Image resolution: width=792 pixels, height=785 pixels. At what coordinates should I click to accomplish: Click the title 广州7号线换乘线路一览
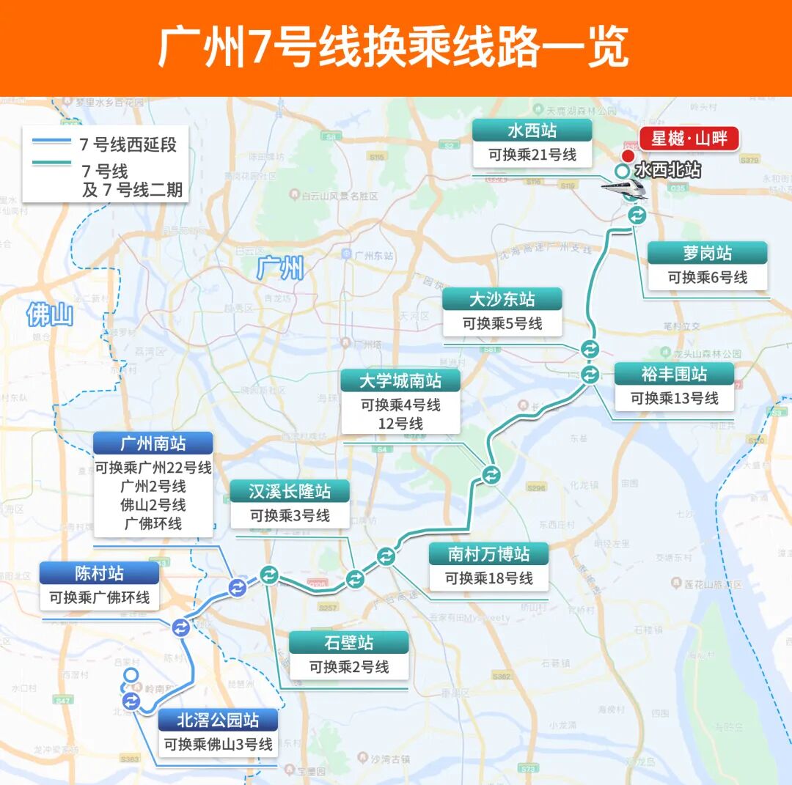[395, 48]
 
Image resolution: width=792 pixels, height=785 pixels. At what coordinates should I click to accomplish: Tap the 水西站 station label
[532, 131]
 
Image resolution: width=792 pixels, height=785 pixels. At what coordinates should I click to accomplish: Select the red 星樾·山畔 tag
[689, 139]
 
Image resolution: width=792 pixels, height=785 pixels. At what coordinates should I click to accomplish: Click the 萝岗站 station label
[707, 254]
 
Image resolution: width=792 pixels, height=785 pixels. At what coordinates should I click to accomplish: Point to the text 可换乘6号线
[707, 278]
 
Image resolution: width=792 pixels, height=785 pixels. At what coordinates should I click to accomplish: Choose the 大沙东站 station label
[502, 299]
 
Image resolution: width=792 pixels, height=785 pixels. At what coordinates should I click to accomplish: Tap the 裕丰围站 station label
[674, 374]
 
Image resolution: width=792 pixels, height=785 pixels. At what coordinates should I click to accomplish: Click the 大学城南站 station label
[400, 380]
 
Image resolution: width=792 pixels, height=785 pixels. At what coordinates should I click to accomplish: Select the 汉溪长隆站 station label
[290, 491]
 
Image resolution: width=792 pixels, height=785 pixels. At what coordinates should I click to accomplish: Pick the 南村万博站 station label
[489, 553]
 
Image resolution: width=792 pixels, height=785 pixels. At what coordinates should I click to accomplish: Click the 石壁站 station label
[348, 643]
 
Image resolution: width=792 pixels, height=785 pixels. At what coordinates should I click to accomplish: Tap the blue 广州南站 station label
[153, 443]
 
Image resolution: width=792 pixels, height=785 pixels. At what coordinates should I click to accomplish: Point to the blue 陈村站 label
[99, 573]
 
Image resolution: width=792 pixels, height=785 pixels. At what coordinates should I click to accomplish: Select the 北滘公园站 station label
[218, 720]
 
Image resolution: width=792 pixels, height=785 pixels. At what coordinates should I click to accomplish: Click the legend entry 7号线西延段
[128, 144]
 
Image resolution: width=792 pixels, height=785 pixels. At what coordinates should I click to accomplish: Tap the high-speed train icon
[624, 188]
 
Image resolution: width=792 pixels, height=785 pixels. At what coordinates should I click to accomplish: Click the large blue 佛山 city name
[50, 315]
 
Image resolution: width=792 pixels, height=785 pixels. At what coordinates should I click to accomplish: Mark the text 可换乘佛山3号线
[218, 745]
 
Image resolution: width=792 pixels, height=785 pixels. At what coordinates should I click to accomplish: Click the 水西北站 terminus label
[667, 171]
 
